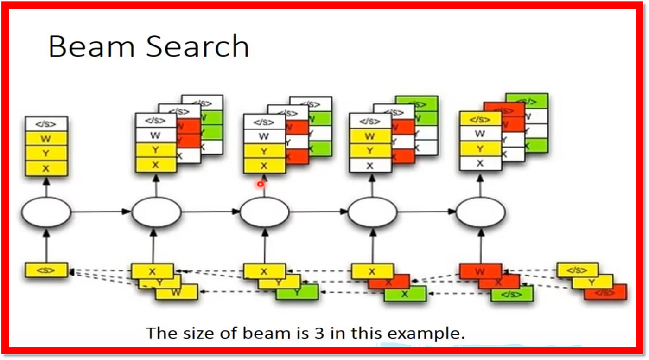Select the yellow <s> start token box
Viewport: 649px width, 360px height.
pos(46,270)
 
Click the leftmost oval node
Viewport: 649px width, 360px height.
pos(46,212)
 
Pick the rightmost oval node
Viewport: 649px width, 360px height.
pos(481,212)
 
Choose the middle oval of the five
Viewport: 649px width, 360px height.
pos(264,212)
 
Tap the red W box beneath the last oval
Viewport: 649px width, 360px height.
pos(480,271)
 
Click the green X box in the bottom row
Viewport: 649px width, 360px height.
pos(405,294)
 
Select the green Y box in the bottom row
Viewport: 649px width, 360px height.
pos(297,292)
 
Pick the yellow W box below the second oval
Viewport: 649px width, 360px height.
pos(176,292)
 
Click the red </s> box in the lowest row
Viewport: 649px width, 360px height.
pos(605,293)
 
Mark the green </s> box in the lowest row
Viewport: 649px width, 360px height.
pos(512,294)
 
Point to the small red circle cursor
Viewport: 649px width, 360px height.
pos(261,184)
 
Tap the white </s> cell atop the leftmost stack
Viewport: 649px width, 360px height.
pos(46,124)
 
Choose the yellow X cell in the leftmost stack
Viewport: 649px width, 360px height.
pos(46,168)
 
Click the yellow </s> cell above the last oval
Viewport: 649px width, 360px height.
pos(480,119)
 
